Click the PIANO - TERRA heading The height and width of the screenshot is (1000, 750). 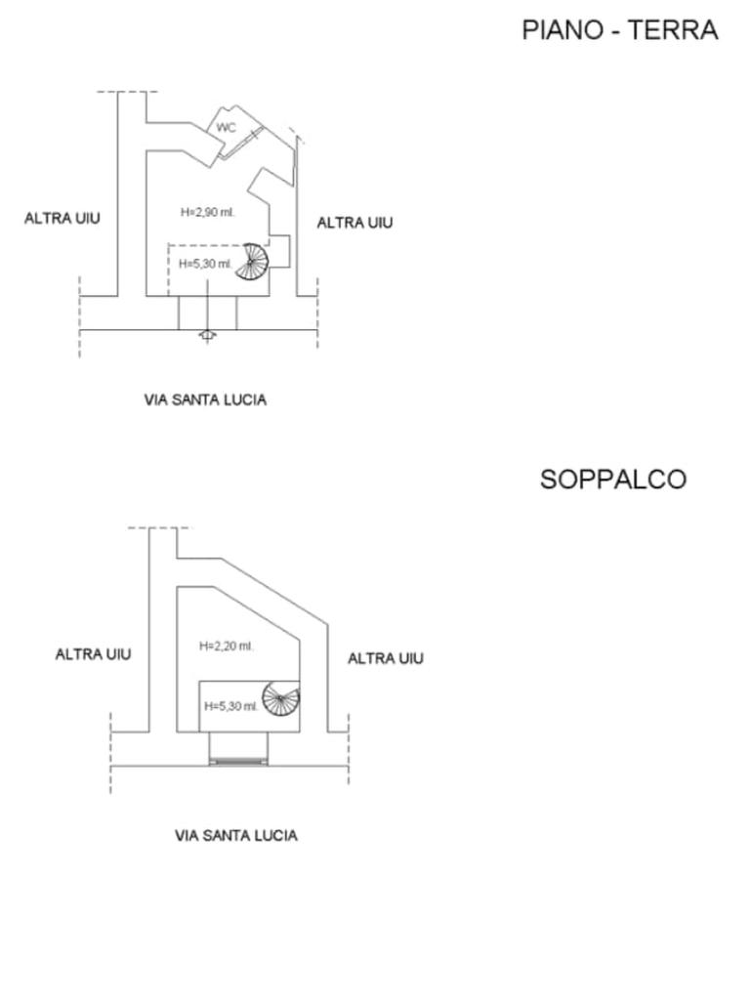[x=620, y=30]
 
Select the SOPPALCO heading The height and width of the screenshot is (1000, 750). [x=613, y=479]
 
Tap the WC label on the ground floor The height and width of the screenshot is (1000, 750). [x=226, y=128]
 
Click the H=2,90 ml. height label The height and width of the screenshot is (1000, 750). [x=208, y=212]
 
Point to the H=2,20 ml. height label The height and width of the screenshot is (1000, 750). [x=226, y=646]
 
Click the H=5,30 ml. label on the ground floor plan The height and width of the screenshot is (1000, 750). [x=205, y=264]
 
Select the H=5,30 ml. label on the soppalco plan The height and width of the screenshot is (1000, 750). [x=230, y=706]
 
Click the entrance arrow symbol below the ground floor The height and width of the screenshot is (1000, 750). [x=207, y=335]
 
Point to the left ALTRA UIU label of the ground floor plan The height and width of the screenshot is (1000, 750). [x=62, y=218]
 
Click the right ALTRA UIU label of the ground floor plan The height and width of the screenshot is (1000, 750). [x=354, y=223]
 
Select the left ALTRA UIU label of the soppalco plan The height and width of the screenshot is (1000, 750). [x=93, y=653]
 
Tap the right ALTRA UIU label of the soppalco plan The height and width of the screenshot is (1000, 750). [x=386, y=658]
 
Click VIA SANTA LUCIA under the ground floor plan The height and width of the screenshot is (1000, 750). [x=205, y=399]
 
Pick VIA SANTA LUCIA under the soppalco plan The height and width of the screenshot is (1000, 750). [x=236, y=836]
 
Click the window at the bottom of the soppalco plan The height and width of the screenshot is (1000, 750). [x=237, y=759]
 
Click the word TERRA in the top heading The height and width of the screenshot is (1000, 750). [x=673, y=30]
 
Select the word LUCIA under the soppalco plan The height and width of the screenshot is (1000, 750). [x=275, y=836]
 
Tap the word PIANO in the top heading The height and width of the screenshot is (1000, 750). [x=560, y=30]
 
